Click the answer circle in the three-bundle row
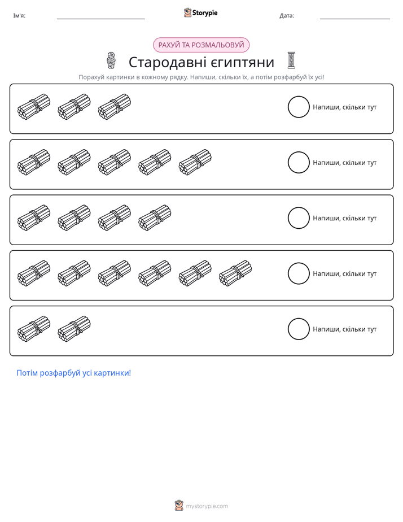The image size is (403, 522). [x=299, y=96]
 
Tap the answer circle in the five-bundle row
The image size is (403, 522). [x=299, y=152]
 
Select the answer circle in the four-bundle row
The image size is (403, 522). [x=299, y=207]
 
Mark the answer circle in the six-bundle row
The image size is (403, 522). [x=299, y=263]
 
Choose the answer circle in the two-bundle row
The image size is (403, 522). [x=299, y=319]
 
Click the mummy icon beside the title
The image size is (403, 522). [x=111, y=60]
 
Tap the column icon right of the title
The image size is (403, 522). [x=291, y=60]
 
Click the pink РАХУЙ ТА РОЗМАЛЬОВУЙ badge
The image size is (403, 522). [x=201, y=45]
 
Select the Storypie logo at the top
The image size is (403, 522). [x=200, y=12]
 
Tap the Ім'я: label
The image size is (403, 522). [x=19, y=16]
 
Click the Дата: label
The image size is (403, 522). [x=287, y=16]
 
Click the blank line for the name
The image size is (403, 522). [x=100, y=19]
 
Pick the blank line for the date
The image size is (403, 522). [x=355, y=19]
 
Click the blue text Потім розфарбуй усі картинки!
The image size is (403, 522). [x=74, y=373]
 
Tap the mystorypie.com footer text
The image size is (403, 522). [x=207, y=506]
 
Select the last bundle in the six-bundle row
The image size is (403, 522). [x=235, y=273]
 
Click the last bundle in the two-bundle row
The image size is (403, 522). [x=74, y=329]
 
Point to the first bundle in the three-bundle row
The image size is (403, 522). [x=34, y=107]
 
